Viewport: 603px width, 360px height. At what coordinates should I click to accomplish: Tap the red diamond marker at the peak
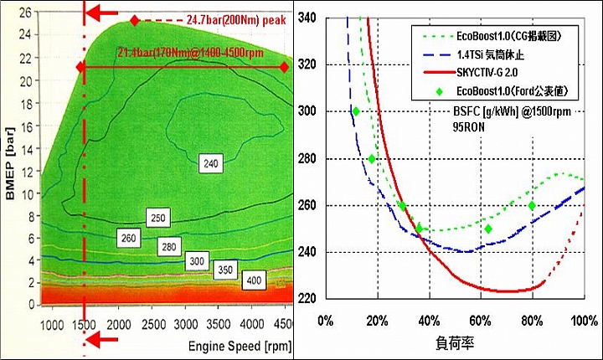click(135, 19)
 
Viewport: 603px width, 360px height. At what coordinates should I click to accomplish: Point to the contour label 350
click(224, 271)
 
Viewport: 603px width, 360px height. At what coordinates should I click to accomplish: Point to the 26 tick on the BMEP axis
click(25, 13)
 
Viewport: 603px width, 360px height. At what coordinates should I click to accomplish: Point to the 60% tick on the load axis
click(481, 321)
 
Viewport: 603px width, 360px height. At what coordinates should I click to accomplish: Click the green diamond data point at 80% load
click(531, 206)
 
